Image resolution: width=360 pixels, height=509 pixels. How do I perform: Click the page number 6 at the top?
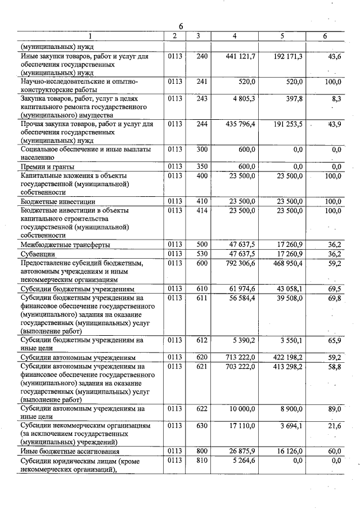[181, 27]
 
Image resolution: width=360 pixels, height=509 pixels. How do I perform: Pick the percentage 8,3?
[336, 98]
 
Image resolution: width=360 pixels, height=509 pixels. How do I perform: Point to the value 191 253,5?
[284, 124]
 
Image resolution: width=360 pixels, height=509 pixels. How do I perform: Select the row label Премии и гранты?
[48, 166]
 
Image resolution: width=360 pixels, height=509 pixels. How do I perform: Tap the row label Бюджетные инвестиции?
[58, 201]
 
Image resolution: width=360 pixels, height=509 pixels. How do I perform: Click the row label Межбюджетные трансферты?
[64, 245]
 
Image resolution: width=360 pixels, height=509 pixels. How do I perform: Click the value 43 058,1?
[286, 289]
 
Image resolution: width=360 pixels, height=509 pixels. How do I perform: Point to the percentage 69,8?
[335, 298]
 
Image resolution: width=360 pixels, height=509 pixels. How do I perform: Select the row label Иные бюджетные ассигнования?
[70, 452]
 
